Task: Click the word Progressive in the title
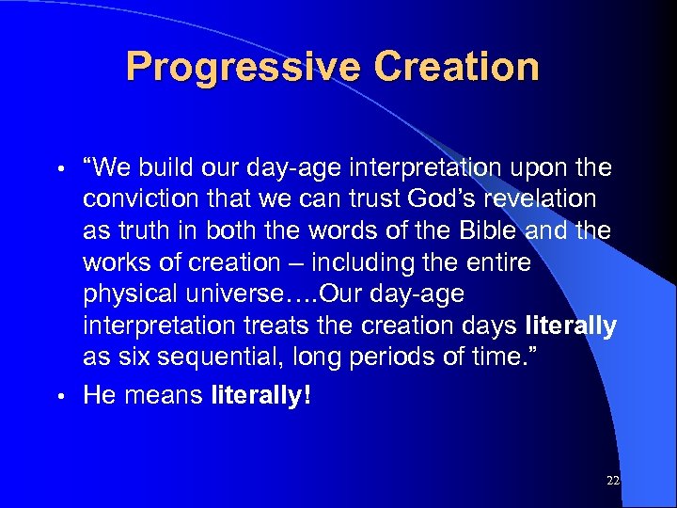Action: point(243,68)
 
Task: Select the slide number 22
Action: point(613,481)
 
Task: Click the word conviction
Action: point(139,199)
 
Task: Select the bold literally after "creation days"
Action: point(571,325)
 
